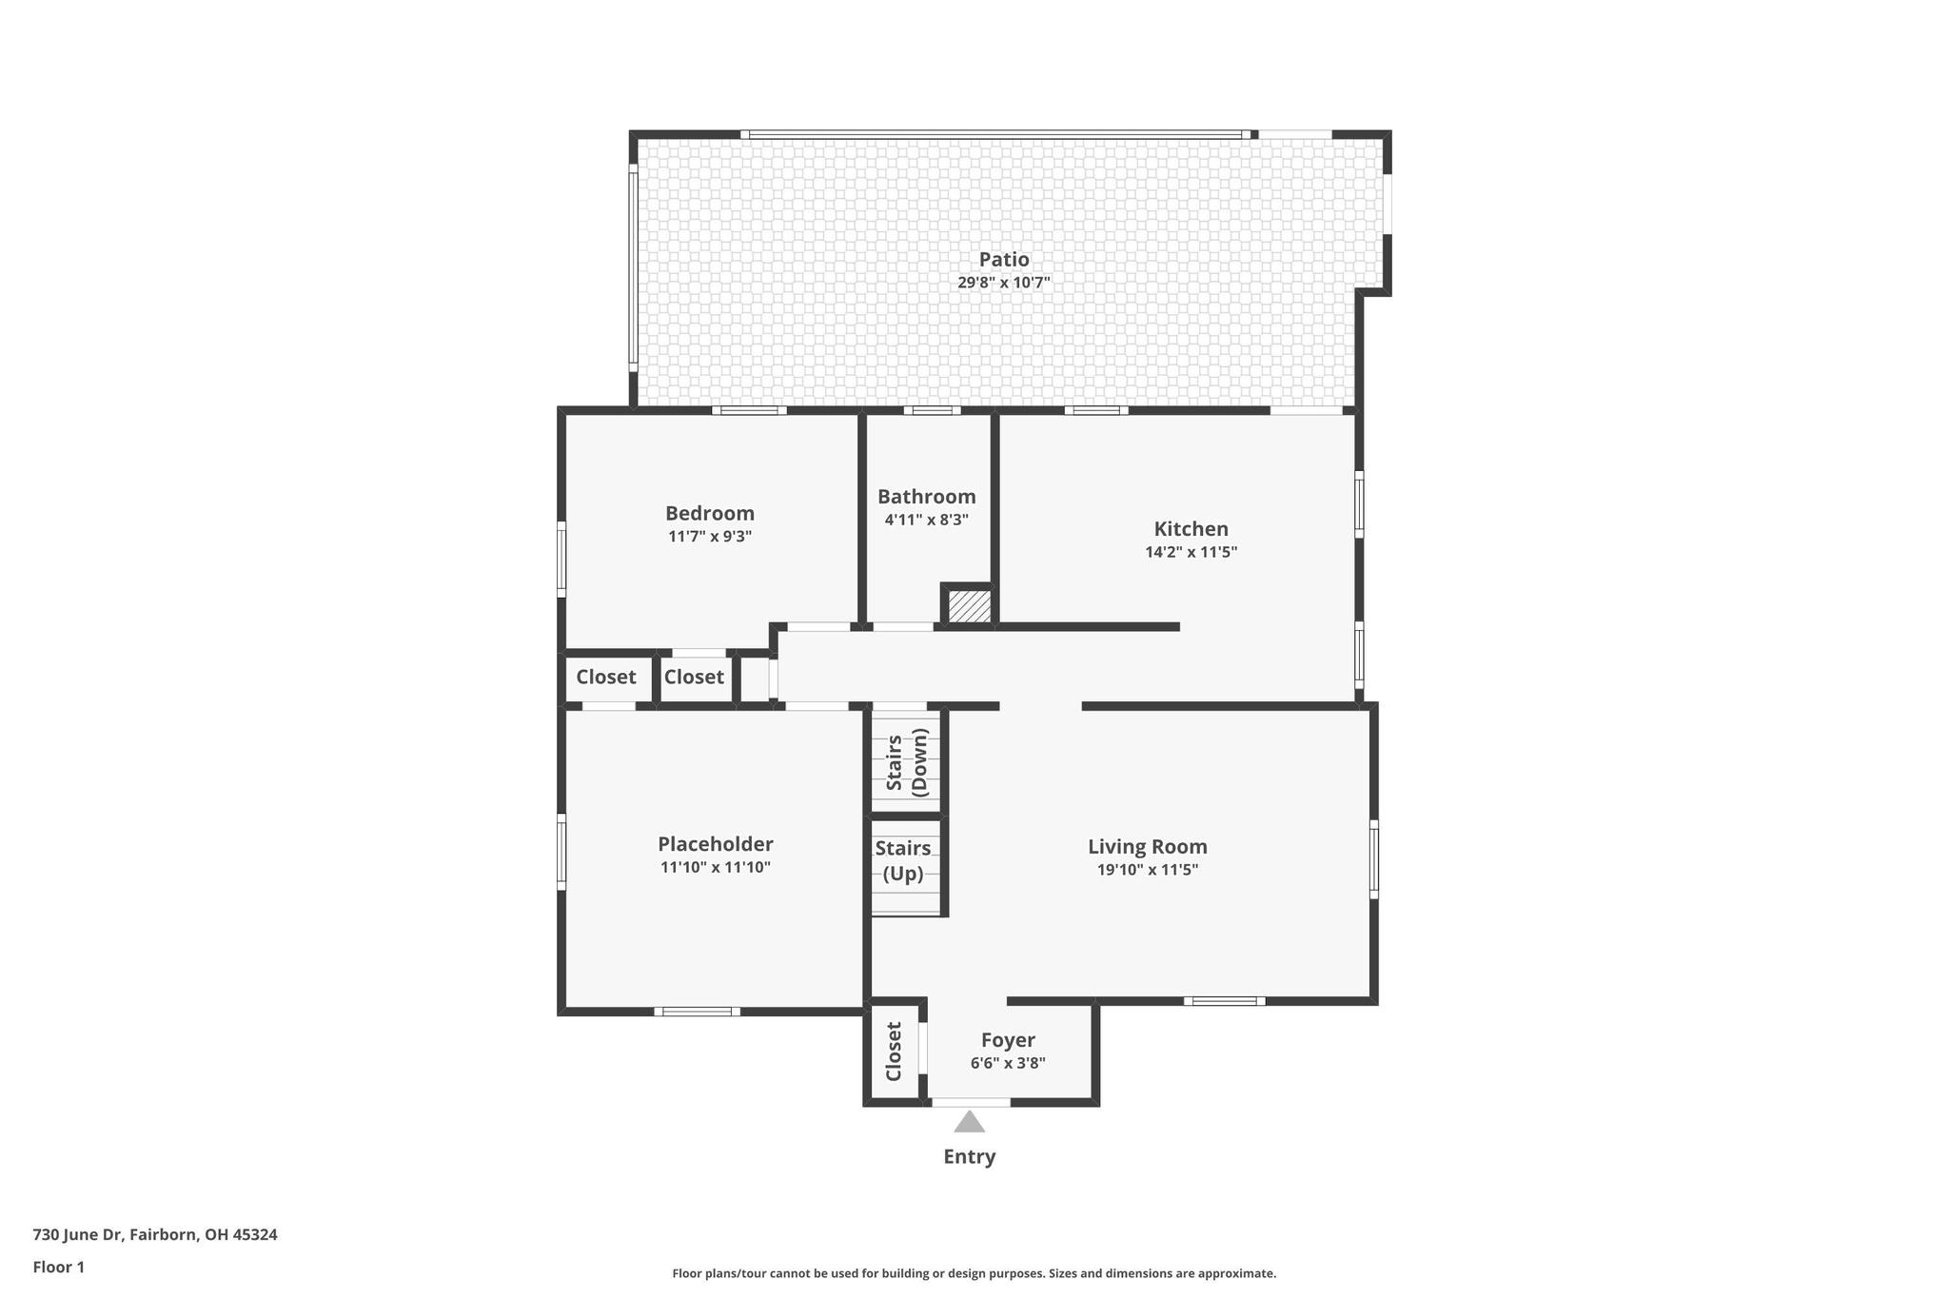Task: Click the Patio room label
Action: [1004, 260]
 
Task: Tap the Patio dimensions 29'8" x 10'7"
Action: [1004, 283]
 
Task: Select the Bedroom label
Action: [710, 514]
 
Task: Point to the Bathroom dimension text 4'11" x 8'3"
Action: [926, 520]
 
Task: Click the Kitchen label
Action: [1191, 529]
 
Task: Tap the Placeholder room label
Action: [716, 844]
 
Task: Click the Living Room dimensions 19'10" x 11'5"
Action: [1148, 869]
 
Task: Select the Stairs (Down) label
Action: [906, 761]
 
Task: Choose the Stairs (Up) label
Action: [903, 860]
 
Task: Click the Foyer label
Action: [1008, 1040]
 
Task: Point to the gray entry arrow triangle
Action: [969, 1122]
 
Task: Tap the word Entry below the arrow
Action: [969, 1156]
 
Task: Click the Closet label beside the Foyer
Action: [894, 1052]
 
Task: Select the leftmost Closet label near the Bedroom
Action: [606, 677]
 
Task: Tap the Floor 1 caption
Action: [59, 1267]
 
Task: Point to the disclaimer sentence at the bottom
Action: [974, 1273]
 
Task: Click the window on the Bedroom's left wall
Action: [561, 559]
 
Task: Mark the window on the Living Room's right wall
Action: [1373, 858]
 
